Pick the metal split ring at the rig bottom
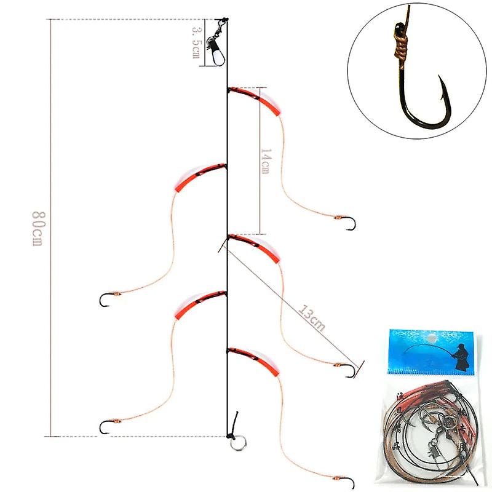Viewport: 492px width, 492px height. click(236, 442)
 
